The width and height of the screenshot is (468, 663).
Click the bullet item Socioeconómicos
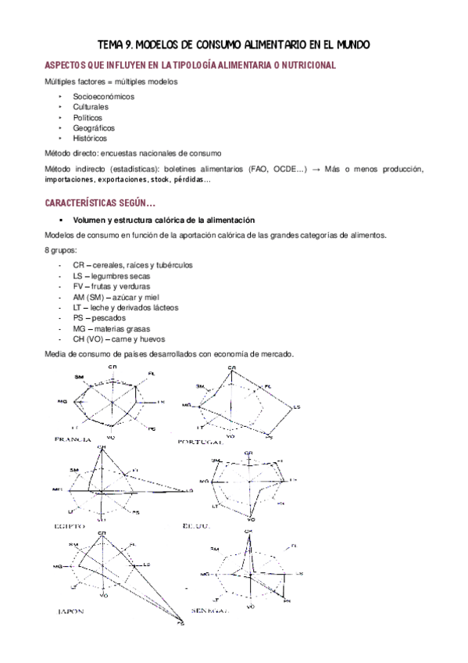coord(104,96)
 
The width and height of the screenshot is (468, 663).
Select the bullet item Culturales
coord(91,106)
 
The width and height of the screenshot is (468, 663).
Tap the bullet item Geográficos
coord(95,127)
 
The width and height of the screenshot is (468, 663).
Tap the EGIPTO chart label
coord(70,527)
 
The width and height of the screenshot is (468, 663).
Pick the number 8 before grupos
coord(46,251)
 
